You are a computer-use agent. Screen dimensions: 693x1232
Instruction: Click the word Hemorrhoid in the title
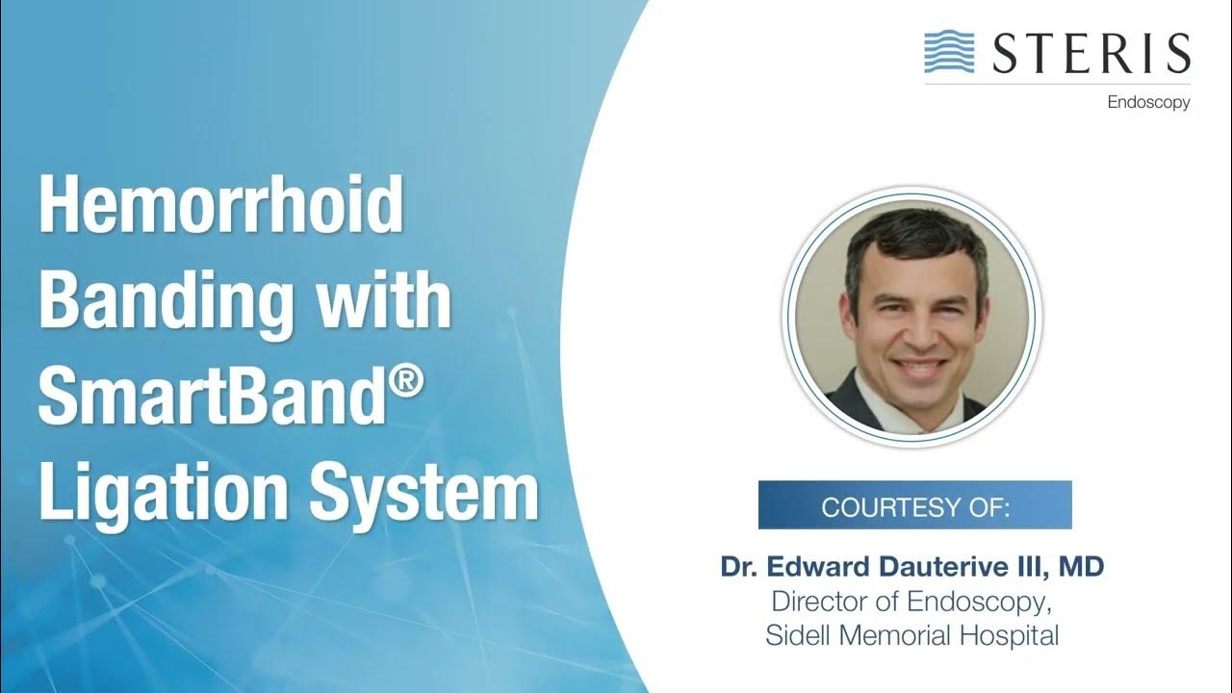[220, 206]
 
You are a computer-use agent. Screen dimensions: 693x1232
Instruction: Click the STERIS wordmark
[1090, 54]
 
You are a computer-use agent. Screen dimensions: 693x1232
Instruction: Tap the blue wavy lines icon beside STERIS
[949, 52]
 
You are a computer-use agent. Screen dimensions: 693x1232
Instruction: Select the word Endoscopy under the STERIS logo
[1148, 102]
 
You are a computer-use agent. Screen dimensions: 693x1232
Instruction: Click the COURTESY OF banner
[914, 505]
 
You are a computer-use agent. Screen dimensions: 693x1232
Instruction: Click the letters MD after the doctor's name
[1081, 567]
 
